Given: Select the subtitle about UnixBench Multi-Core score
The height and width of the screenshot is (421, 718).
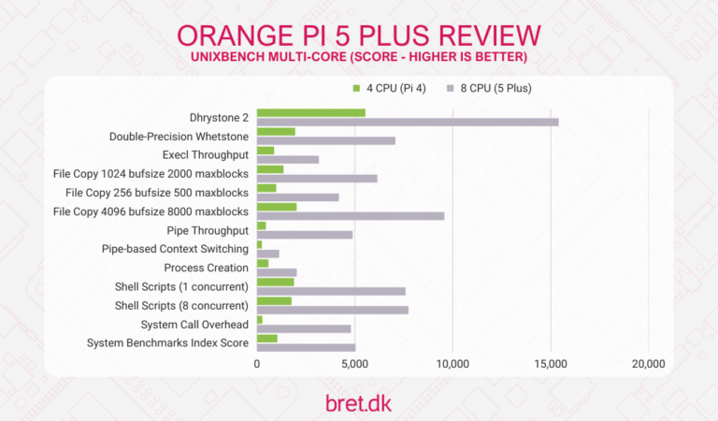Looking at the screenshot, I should pyautogui.click(x=359, y=58).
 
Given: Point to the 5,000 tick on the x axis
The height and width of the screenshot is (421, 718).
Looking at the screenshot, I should pyautogui.click(x=354, y=364).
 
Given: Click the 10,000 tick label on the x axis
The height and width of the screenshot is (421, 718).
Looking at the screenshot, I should pyautogui.click(x=452, y=364).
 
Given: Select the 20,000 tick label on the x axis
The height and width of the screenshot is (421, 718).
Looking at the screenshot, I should pyautogui.click(x=648, y=364).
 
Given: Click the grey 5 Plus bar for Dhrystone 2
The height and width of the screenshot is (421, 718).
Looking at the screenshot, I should pyautogui.click(x=408, y=122).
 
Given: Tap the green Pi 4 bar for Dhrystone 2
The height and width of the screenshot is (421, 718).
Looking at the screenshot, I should pyautogui.click(x=311, y=112).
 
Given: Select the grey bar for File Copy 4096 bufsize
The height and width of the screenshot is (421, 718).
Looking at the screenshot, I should pyautogui.click(x=351, y=215).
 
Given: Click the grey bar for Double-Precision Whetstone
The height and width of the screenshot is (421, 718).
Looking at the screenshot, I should pyautogui.click(x=326, y=140).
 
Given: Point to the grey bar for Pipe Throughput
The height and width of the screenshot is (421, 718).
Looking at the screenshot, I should pyautogui.click(x=305, y=234).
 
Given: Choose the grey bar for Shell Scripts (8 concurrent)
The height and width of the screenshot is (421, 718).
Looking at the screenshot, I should pyautogui.click(x=333, y=309).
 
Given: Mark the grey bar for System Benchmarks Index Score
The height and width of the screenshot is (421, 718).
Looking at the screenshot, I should pyautogui.click(x=306, y=347).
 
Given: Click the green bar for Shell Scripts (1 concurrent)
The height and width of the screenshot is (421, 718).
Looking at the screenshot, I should pyautogui.click(x=276, y=282).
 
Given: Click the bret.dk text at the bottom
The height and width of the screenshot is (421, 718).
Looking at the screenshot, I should pyautogui.click(x=359, y=402).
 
